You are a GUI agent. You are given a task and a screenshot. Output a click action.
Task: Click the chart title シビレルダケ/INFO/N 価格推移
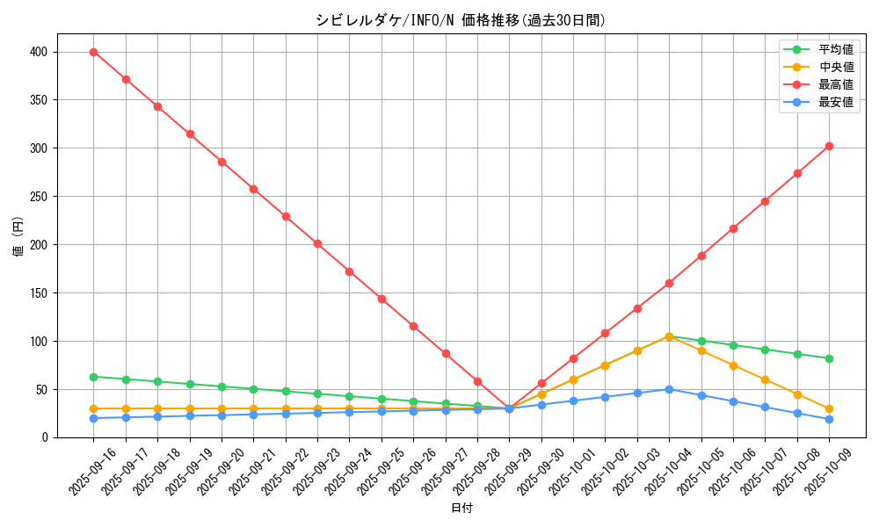click(461, 20)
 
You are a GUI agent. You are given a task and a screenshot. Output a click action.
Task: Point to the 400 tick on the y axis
click(40, 52)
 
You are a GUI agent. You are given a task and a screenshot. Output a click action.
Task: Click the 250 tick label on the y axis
click(40, 197)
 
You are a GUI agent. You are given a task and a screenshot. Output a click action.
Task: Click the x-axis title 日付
click(461, 509)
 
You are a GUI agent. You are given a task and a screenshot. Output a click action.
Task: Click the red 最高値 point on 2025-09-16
click(93, 52)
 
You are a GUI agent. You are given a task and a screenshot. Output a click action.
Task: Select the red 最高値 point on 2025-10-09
click(829, 146)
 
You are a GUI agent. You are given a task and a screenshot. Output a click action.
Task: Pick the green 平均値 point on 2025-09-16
click(93, 377)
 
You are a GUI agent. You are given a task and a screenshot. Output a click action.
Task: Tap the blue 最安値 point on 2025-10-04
click(669, 389)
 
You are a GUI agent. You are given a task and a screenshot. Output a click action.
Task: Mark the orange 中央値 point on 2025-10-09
click(829, 408)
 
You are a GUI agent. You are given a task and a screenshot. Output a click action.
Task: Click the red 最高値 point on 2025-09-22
click(286, 216)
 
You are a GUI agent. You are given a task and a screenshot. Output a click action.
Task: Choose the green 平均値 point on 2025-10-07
click(765, 350)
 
